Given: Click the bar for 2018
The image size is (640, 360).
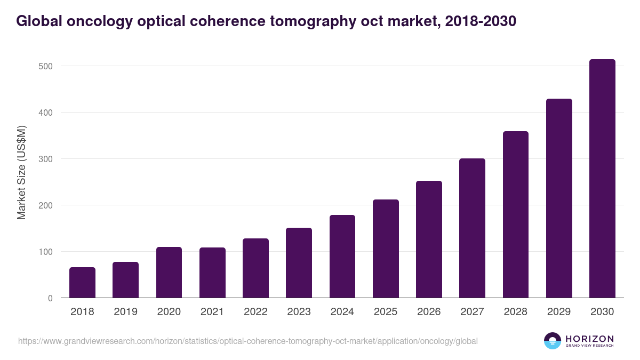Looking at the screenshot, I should tap(82, 283).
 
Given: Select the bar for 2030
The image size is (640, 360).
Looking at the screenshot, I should tap(602, 179).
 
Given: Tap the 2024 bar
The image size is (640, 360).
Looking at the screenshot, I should tap(342, 257).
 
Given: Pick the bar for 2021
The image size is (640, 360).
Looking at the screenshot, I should tap(212, 273).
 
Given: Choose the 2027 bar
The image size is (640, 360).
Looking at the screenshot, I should tap(472, 228).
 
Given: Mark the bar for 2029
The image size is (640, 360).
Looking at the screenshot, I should tap(559, 198).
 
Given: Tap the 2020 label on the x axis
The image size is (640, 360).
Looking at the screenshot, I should tap(169, 312).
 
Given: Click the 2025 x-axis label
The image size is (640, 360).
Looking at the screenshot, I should tap(386, 312).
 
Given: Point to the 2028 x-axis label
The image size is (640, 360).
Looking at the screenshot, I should tap(516, 312).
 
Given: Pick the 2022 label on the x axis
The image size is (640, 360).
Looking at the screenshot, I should tap(255, 312).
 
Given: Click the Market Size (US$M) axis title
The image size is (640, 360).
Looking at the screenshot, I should tap(21, 172).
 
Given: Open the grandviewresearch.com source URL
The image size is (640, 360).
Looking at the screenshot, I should tap(248, 341).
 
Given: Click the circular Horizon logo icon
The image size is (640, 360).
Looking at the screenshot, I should tap(553, 341).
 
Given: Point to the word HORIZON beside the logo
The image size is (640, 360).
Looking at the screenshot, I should tap(589, 339).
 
